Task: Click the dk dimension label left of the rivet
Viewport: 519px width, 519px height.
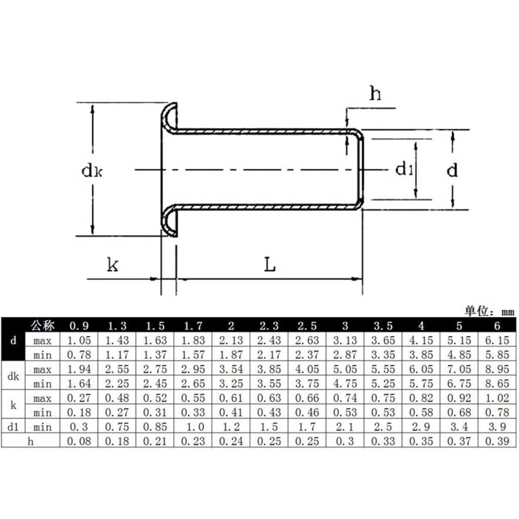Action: [x=92, y=171]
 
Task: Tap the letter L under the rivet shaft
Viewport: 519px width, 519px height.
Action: [x=270, y=265]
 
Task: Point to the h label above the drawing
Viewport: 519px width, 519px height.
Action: [x=375, y=93]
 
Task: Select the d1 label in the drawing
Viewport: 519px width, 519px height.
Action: [x=404, y=169]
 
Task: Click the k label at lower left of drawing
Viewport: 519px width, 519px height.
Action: [x=113, y=265]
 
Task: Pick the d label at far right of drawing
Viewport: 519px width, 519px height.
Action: [x=452, y=170]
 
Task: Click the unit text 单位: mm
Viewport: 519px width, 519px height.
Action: [x=490, y=311]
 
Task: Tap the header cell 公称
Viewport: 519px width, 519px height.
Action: [x=43, y=326]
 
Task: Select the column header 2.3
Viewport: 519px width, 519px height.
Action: [x=269, y=326]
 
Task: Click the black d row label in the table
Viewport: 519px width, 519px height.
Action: [x=13, y=340]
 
